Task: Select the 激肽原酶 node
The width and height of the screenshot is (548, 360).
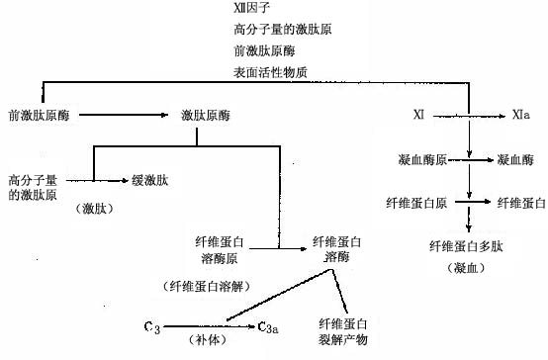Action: point(206,116)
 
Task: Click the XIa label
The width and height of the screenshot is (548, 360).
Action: point(520,116)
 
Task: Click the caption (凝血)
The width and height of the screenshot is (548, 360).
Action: point(461,267)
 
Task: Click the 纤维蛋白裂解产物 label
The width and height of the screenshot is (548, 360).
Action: point(342,331)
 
